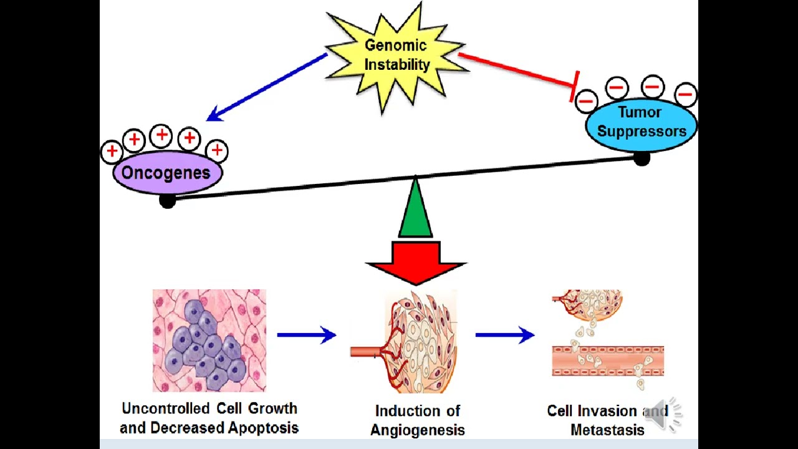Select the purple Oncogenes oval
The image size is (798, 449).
coord(166,173)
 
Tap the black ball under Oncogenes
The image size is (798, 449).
coord(167,200)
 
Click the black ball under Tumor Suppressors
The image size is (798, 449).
coord(642,159)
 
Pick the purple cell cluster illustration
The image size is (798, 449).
coord(209,340)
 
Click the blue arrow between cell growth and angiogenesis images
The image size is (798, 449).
coord(307,336)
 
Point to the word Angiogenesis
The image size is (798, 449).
coord(417,430)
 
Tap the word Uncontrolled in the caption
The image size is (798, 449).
coord(166,409)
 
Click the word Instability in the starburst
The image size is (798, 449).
coord(397,64)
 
